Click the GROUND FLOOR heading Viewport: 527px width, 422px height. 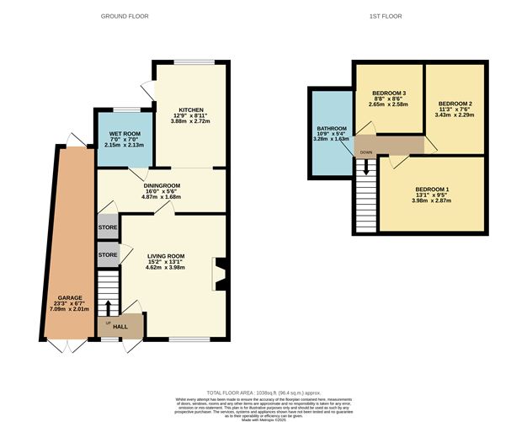pyautogui.click(x=126, y=16)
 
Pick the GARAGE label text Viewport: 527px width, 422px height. pyautogui.click(x=69, y=298)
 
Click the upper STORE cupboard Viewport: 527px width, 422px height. pyautogui.click(x=107, y=227)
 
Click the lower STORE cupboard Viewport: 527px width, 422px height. pyautogui.click(x=107, y=254)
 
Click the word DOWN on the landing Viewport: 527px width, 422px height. pyautogui.click(x=366, y=152)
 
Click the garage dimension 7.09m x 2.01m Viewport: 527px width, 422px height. pyautogui.click(x=69, y=309)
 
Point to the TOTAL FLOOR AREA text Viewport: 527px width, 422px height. pyautogui.click(x=264, y=393)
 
